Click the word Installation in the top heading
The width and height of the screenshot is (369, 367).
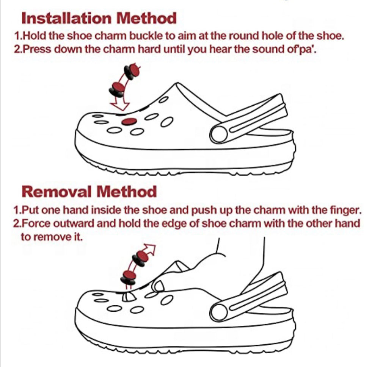66,18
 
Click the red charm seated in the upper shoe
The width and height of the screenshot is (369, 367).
129,122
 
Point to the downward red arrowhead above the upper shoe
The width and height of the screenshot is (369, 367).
120,105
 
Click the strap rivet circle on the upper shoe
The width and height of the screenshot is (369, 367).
219,134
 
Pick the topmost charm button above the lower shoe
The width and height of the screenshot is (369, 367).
141,258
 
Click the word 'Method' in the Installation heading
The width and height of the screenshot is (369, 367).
146,18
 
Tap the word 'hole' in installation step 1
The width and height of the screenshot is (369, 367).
273,36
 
